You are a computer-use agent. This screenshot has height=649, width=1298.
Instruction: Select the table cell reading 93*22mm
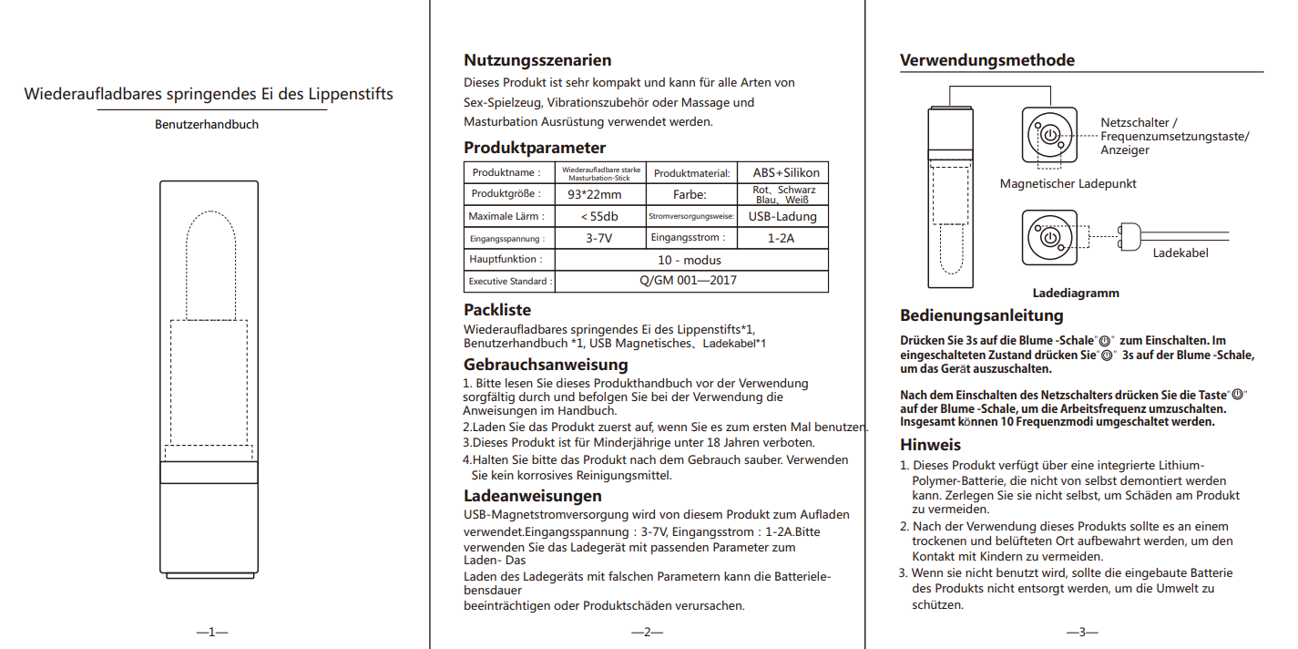point(594,194)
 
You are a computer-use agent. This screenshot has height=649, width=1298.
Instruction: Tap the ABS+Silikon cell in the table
point(785,172)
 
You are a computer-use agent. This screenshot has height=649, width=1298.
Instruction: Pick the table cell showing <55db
point(599,217)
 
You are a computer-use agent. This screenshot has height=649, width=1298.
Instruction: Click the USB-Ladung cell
point(782,217)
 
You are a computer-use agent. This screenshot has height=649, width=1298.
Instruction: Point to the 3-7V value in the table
point(598,238)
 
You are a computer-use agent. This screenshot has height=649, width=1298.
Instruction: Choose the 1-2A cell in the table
point(782,238)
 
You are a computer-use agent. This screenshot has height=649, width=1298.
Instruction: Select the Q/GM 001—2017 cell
point(689,281)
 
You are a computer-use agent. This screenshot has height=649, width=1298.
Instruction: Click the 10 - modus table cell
point(690,260)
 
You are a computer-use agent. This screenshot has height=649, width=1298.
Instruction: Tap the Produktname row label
point(506,172)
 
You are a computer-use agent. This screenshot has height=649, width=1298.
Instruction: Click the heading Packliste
point(497,310)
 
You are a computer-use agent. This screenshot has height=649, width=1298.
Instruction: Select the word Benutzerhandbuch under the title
point(207,124)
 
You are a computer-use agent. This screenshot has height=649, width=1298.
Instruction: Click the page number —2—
point(647,632)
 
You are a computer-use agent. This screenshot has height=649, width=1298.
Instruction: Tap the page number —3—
point(1082,632)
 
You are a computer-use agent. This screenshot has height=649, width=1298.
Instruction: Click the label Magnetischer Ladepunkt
point(1068,183)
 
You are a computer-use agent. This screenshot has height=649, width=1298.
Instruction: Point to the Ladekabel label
point(1180,252)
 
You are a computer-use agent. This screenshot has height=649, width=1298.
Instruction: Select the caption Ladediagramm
point(1075,294)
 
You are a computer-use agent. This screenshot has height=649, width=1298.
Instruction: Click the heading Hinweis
point(930,445)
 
